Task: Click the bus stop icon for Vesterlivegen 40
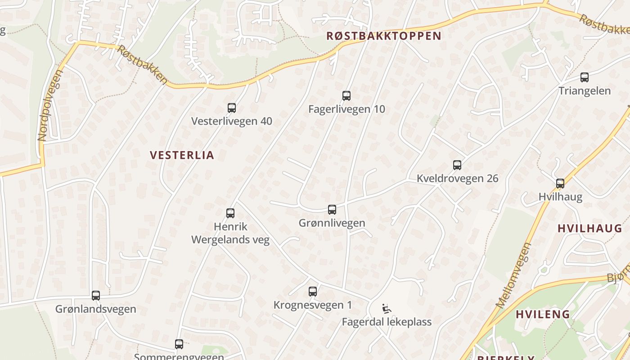click(232, 108)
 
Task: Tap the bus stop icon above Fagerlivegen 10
click(346, 95)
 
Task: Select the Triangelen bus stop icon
click(585, 77)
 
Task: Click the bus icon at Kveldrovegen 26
click(457, 165)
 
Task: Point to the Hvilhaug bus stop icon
click(560, 184)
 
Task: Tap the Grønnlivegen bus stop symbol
click(332, 210)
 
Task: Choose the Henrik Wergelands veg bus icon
click(230, 213)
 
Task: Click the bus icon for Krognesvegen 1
click(313, 292)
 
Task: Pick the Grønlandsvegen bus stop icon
click(96, 296)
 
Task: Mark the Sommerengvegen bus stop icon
click(179, 345)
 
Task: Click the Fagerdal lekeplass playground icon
click(386, 309)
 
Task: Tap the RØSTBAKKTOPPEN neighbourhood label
click(383, 36)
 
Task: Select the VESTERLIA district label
click(182, 155)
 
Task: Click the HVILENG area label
click(543, 314)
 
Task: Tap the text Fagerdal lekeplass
click(387, 322)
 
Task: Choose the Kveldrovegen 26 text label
click(457, 179)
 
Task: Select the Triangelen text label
click(585, 91)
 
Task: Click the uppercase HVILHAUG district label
click(589, 229)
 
